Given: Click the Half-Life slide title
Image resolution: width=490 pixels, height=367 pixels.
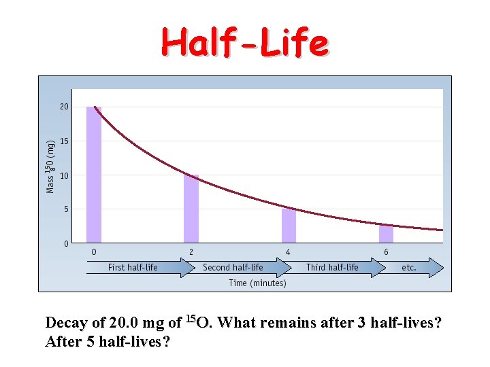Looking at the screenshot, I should (244, 43).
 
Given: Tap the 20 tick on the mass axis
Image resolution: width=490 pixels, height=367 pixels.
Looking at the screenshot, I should (64, 107).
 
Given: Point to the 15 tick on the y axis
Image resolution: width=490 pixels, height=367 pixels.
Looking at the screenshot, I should (64, 141).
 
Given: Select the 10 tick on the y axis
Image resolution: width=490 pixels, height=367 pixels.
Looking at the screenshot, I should (64, 175).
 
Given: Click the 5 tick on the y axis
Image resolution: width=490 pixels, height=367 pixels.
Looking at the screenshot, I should (66, 209).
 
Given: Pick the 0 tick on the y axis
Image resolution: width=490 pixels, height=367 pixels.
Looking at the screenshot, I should (66, 243).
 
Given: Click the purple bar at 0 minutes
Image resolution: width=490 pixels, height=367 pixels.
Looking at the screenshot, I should (94, 175).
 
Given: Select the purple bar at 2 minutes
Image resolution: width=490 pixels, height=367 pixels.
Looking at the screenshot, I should (191, 209).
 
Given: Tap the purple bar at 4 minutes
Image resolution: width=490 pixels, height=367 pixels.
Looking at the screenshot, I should (289, 226).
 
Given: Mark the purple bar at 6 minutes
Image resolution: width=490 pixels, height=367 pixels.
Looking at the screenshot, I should (387, 234).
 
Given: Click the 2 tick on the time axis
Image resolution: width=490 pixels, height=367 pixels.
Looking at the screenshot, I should (191, 252).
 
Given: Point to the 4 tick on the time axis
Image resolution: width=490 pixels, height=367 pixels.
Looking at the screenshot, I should (289, 252).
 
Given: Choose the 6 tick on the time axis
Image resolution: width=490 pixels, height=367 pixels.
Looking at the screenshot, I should (386, 252).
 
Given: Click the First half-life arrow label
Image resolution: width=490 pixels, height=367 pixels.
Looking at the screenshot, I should (133, 267).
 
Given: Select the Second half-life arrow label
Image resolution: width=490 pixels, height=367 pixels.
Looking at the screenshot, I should (233, 267).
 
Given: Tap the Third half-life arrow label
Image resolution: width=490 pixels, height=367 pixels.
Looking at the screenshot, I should (332, 267).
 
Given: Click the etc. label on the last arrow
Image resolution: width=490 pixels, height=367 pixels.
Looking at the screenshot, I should (409, 267).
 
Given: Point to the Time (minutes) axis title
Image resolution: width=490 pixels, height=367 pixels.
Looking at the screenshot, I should (257, 283).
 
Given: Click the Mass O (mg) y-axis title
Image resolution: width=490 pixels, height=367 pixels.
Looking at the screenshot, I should (50, 166).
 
